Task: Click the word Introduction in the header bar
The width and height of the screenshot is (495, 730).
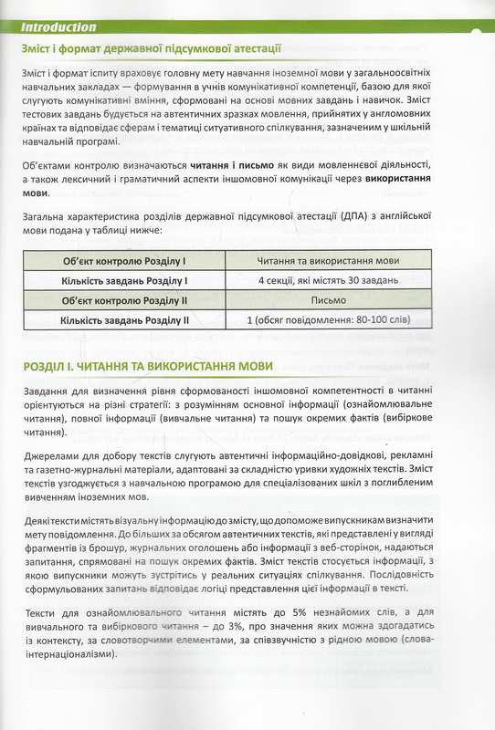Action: click(x=57, y=27)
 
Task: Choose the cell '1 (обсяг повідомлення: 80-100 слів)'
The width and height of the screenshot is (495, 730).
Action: click(x=329, y=319)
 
